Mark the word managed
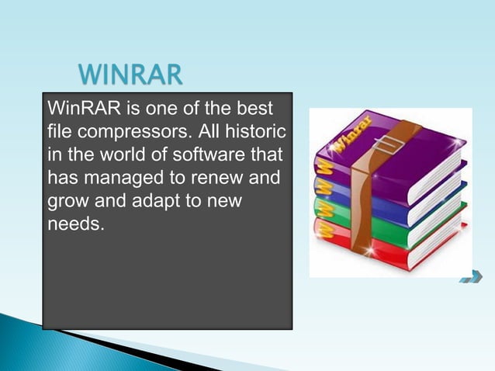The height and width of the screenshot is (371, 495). click(x=123, y=178)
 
